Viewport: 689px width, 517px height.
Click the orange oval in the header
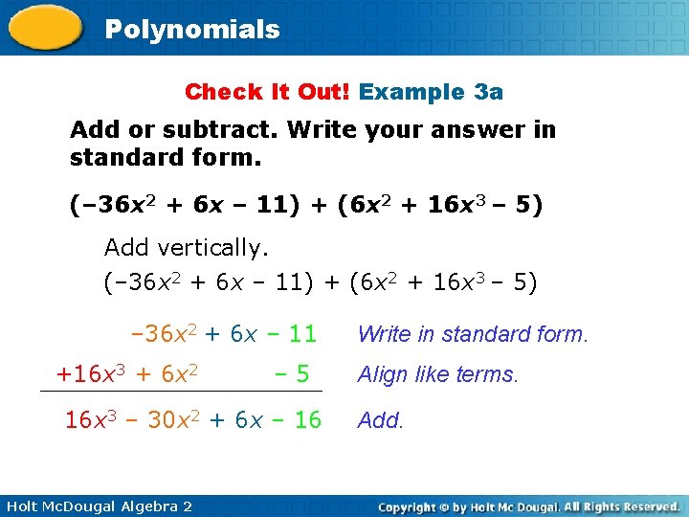(45, 28)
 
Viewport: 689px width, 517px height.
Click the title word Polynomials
(192, 30)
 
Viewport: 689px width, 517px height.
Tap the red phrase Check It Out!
(269, 92)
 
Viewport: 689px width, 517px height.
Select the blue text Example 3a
(431, 92)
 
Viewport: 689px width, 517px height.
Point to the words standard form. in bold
(165, 156)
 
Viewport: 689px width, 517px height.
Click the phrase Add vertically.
(187, 248)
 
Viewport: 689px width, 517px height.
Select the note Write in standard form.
(473, 334)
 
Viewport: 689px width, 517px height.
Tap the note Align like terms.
(437, 375)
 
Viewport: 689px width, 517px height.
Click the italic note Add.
(381, 419)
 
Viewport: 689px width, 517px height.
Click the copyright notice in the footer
(528, 506)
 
